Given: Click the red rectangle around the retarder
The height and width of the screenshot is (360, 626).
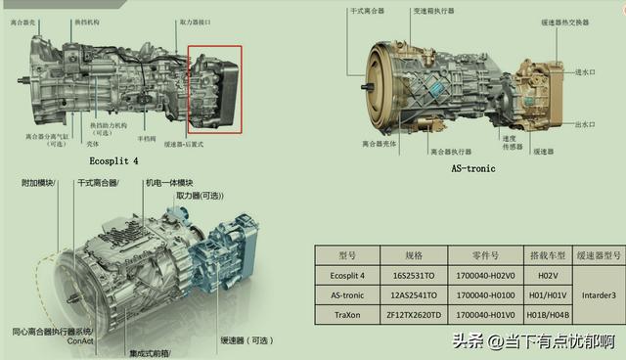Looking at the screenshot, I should pos(214,89).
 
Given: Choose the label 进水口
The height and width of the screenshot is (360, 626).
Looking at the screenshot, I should pos(586,72).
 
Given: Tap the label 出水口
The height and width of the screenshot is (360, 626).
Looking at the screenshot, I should pos(586,124).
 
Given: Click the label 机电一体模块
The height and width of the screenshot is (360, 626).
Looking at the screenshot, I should pos(169,183).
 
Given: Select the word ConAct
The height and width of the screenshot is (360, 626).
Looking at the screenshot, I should pos(82,341).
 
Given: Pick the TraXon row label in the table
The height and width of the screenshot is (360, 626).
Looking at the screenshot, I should pos(349,314).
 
